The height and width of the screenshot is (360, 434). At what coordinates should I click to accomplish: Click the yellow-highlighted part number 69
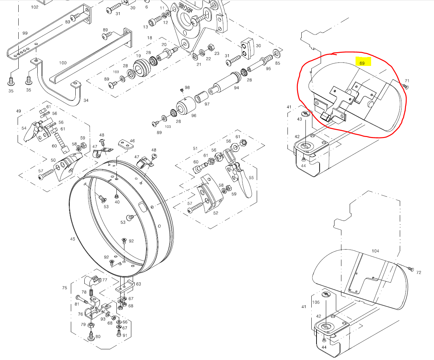click(362, 63)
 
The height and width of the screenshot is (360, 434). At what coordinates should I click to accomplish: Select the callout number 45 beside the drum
click(73, 239)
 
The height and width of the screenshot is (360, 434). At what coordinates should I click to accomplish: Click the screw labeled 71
click(406, 87)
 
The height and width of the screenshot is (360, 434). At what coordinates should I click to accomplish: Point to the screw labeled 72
click(411, 269)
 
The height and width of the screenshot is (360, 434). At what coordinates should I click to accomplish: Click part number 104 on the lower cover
click(375, 251)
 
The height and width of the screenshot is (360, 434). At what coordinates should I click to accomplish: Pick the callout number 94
click(236, 88)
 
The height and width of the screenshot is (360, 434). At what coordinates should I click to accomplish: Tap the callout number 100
click(63, 63)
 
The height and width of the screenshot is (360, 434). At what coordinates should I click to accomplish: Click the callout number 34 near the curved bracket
click(86, 100)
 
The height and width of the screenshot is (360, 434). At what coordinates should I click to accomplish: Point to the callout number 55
click(251, 178)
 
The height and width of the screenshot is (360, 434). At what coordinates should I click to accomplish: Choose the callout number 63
click(138, 284)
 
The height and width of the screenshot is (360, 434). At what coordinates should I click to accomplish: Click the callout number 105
click(316, 302)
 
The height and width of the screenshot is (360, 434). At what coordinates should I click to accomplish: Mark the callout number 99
click(25, 33)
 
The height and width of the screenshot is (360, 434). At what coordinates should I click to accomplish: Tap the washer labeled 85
click(277, 53)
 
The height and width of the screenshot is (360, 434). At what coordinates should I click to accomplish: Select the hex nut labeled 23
click(209, 47)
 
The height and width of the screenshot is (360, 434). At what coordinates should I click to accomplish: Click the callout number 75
click(65, 288)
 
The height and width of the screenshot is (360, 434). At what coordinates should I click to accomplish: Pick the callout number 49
click(19, 111)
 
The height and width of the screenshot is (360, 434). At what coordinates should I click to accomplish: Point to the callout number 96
click(194, 116)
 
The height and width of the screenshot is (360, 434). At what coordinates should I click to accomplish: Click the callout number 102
click(35, 7)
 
